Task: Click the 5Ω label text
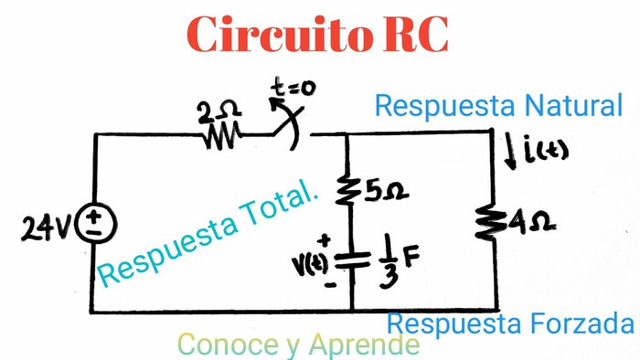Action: [385, 192]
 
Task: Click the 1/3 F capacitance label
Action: [395, 262]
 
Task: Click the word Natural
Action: [574, 105]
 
